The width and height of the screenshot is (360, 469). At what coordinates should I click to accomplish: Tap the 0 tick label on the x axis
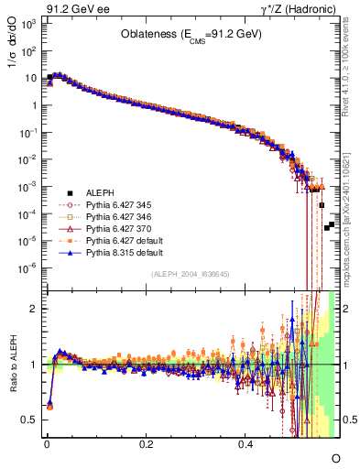pyautogui.click(x=47, y=442)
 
